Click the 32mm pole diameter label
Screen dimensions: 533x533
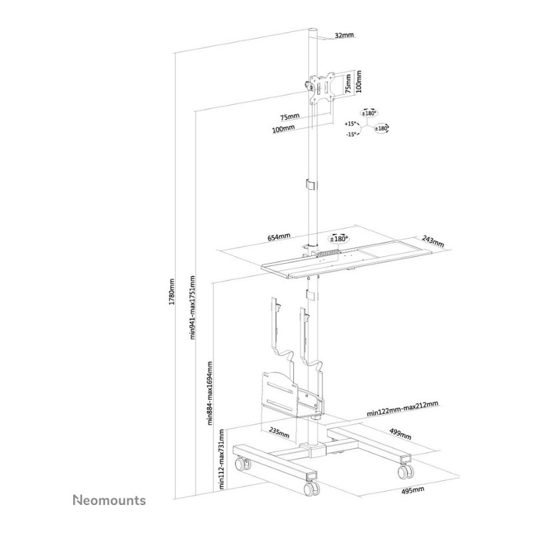point(344,35)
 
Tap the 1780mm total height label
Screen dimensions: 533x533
point(172,291)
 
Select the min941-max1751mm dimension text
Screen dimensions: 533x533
point(193,307)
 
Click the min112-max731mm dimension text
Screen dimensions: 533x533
point(222,459)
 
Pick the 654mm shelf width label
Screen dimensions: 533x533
point(278,237)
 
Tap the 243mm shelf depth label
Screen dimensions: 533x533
point(433,241)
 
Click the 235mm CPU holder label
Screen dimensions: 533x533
point(279,432)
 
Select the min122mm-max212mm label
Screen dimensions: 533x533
point(402,408)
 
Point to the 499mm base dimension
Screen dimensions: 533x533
point(400,434)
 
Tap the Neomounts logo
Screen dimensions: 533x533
point(109,500)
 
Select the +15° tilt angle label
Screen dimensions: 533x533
point(350,123)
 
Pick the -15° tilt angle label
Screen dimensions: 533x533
point(351,135)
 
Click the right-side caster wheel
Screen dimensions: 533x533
point(406,471)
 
